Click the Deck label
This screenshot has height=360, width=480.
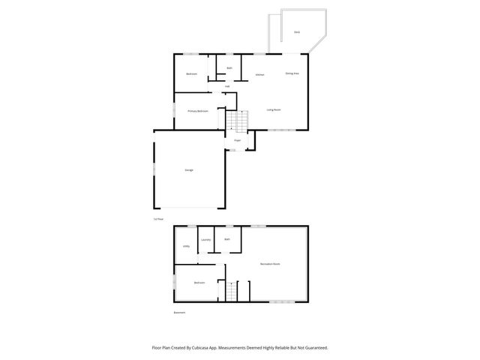pyautogui.click(x=297, y=32)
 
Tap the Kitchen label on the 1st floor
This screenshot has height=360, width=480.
pyautogui.click(x=259, y=75)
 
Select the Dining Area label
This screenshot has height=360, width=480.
pyautogui.click(x=292, y=73)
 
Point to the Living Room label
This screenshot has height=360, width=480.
pyautogui.click(x=274, y=109)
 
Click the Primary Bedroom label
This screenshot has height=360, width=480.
pyautogui.click(x=198, y=111)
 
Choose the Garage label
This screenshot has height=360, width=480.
pyautogui.click(x=189, y=170)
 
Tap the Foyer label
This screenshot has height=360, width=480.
pyautogui.click(x=237, y=140)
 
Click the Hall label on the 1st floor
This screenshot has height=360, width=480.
pyautogui.click(x=227, y=86)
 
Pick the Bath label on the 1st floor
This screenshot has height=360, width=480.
pyautogui.click(x=229, y=68)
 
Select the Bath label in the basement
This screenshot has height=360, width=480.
pyautogui.click(x=226, y=239)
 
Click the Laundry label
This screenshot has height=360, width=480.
pyautogui.click(x=205, y=240)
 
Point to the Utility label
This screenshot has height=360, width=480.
pyautogui.click(x=186, y=246)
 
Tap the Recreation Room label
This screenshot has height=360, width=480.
pyautogui.click(x=270, y=264)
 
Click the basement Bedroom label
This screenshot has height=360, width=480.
pyautogui.click(x=199, y=283)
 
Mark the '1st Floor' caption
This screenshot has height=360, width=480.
pyautogui.click(x=157, y=219)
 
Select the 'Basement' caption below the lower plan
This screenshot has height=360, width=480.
pyautogui.click(x=178, y=312)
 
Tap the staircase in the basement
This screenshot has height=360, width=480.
pyautogui.click(x=232, y=290)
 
